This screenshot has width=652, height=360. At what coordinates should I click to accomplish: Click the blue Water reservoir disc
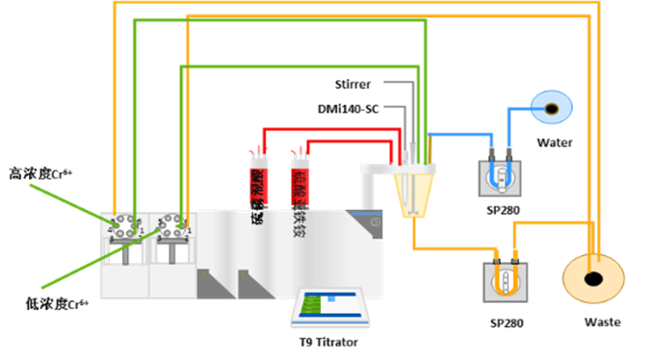(x=553, y=108)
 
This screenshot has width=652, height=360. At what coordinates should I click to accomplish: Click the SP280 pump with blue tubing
(x=499, y=174)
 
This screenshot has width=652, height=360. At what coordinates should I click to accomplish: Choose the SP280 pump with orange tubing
(x=505, y=283)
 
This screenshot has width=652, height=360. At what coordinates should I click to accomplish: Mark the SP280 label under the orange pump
(x=506, y=323)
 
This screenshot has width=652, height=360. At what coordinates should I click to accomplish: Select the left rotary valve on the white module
(x=124, y=229)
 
